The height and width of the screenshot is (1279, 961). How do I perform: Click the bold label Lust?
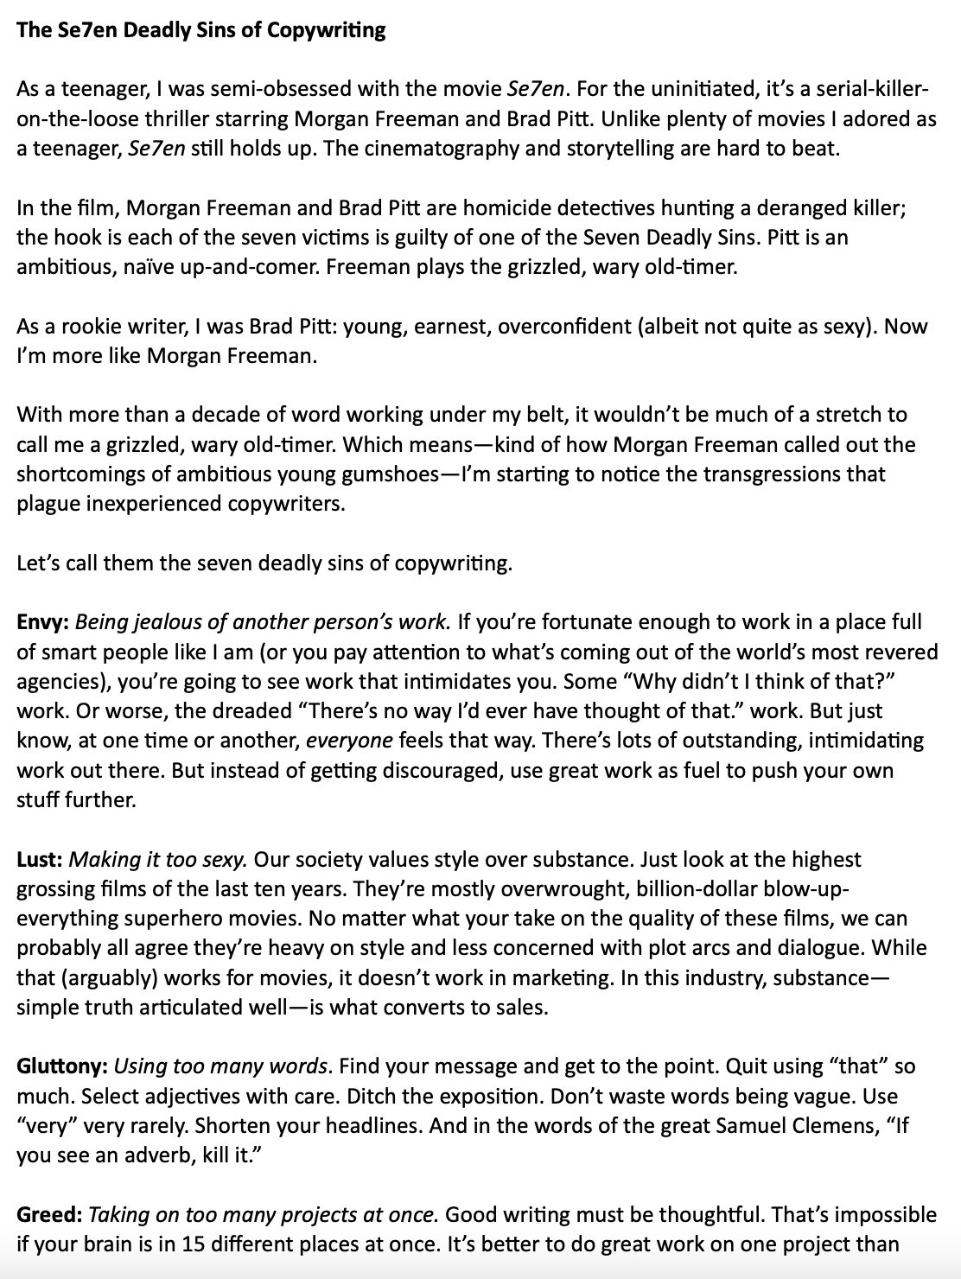point(40,860)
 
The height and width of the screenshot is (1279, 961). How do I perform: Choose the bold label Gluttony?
point(62,1066)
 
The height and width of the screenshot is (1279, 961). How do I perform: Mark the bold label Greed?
point(50,1215)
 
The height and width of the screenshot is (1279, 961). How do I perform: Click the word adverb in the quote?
point(151,1155)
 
